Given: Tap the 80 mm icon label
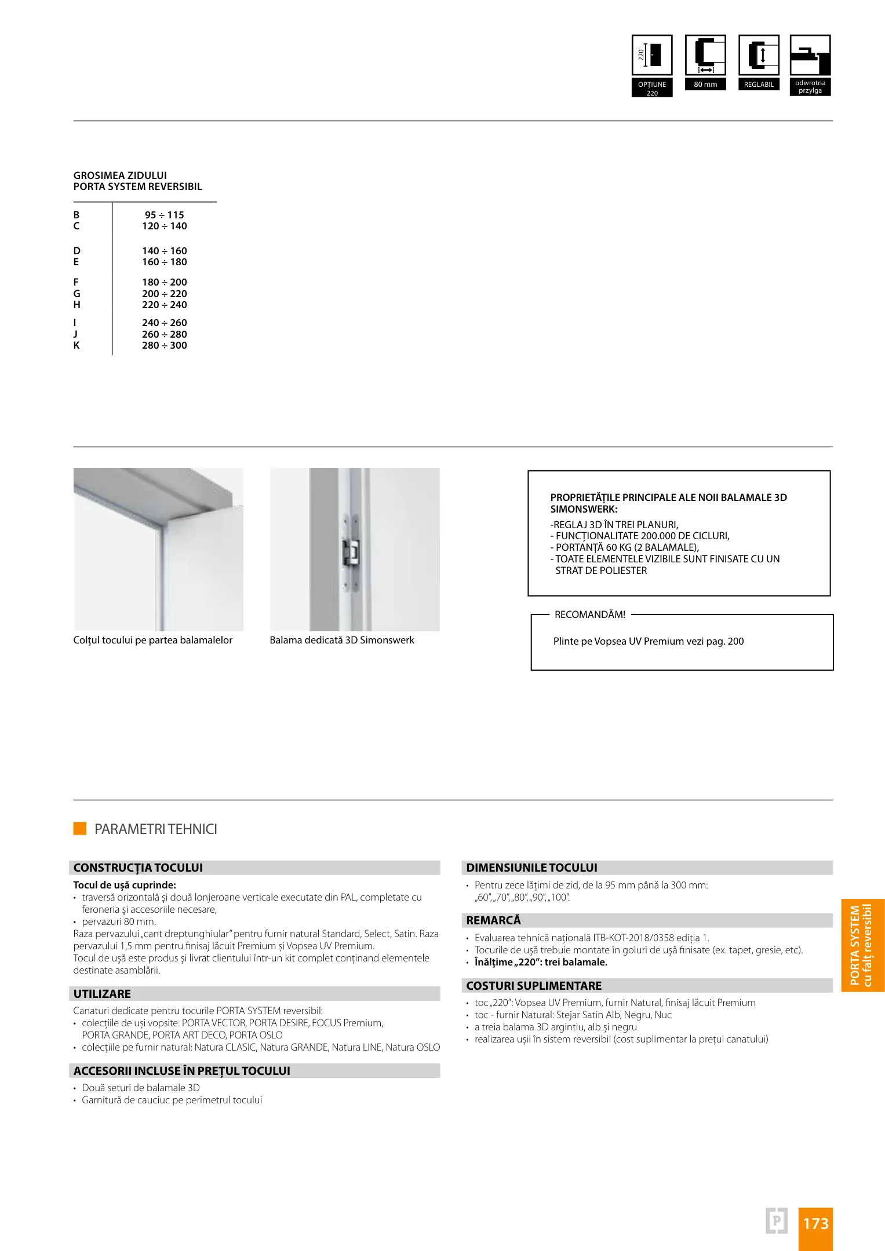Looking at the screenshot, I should (x=705, y=85).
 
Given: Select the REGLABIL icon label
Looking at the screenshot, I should (x=759, y=85).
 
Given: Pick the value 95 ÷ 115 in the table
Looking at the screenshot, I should (x=164, y=215).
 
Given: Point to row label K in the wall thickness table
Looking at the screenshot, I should (x=77, y=346).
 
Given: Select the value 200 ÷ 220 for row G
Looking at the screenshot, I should (x=164, y=294).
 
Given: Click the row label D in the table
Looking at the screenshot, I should (x=77, y=251).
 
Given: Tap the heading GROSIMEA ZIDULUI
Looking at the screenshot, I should (x=120, y=175).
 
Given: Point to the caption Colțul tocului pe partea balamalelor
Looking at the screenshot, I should (x=152, y=640).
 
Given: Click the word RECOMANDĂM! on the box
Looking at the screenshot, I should (x=590, y=614).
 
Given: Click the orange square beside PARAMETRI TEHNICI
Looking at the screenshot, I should (x=80, y=828).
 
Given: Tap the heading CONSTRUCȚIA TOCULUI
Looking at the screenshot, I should (x=138, y=868).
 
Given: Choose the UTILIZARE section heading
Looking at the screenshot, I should (x=102, y=994).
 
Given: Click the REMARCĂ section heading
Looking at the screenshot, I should (x=493, y=920).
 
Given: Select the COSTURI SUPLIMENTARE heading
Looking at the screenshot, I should (x=534, y=986).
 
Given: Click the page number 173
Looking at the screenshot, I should (x=815, y=1224).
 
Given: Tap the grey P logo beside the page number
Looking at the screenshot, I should (x=777, y=1221).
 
